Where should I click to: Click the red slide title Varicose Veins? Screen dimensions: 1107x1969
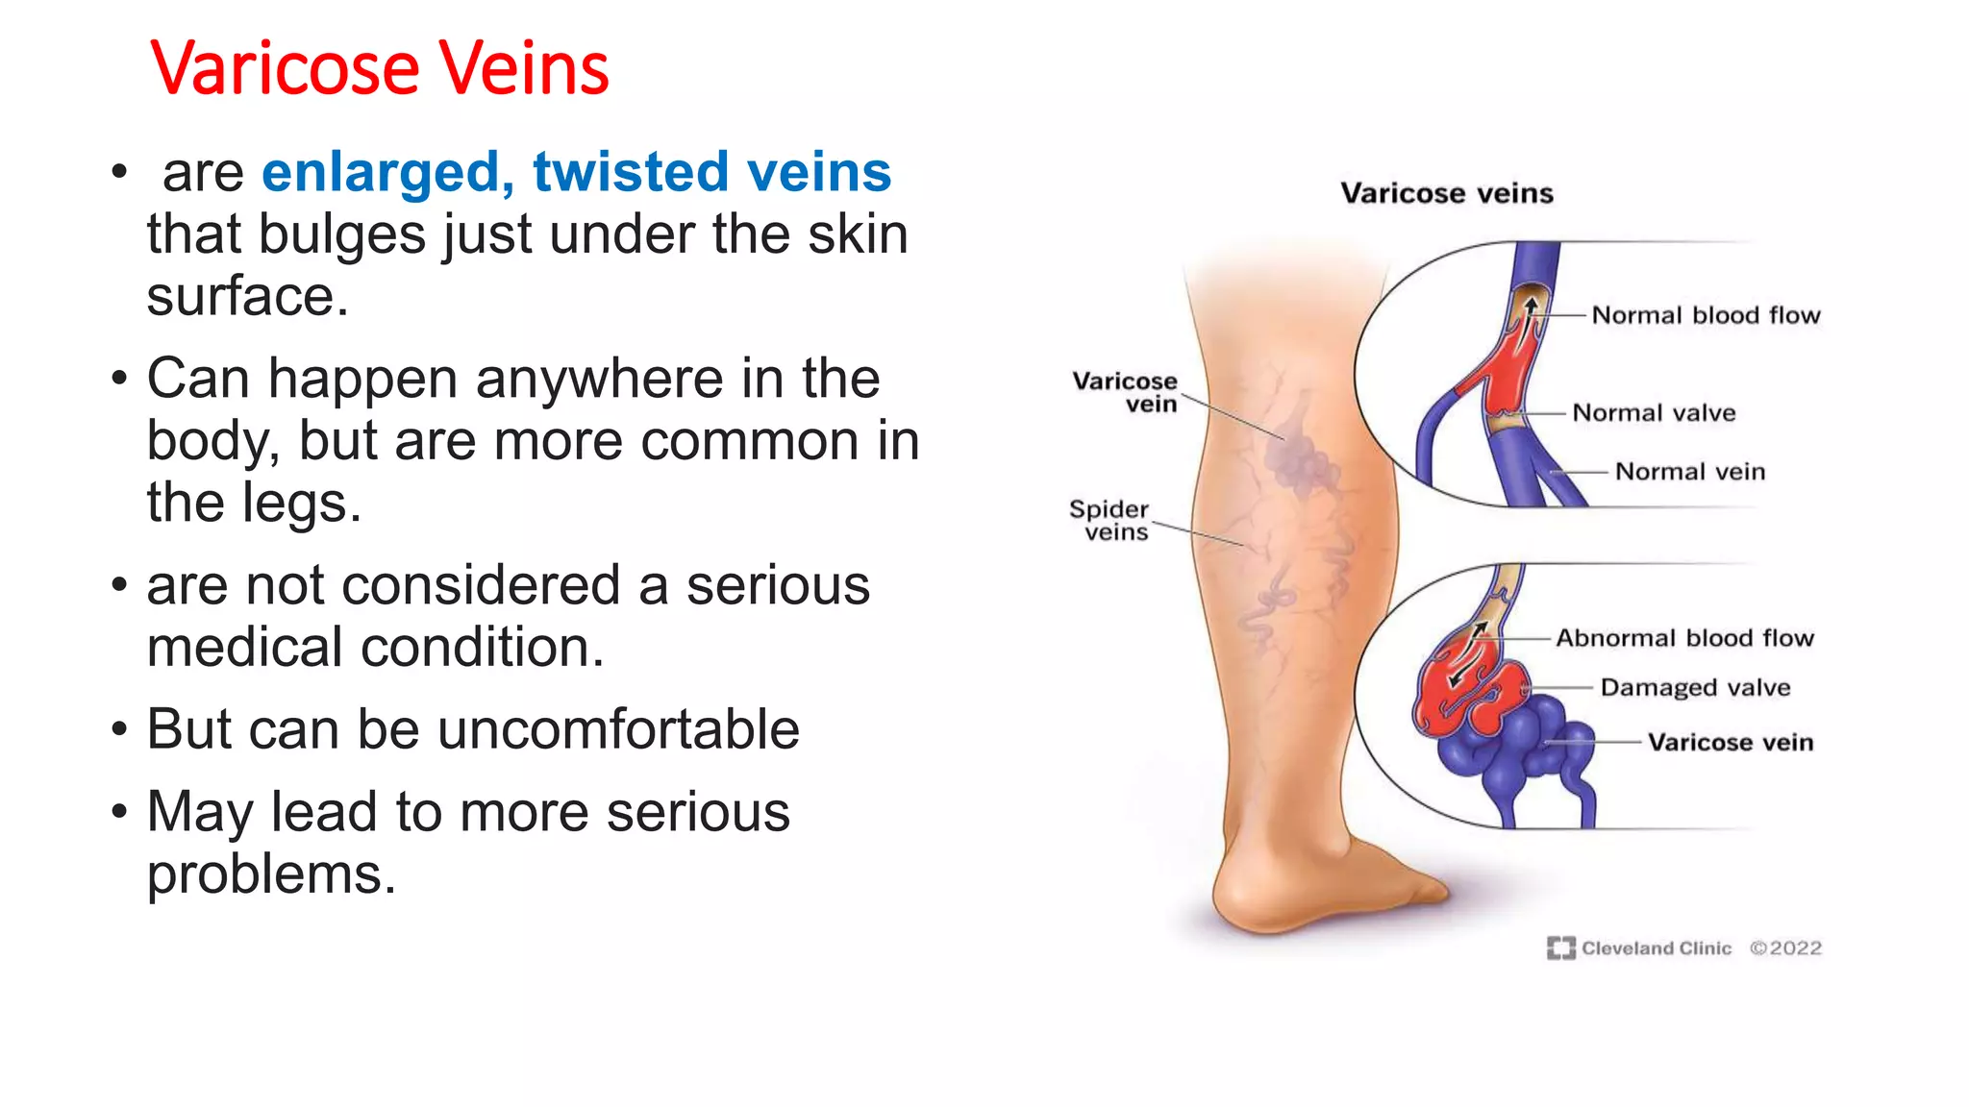coord(379,69)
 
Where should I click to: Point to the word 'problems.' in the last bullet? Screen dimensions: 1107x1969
coord(271,874)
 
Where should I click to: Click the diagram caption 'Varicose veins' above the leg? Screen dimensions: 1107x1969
coord(1447,193)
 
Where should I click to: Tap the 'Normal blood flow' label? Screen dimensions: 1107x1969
coord(1706,315)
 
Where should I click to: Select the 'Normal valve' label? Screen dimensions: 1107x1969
coord(1654,413)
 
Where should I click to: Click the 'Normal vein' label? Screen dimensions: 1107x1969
coord(1689,472)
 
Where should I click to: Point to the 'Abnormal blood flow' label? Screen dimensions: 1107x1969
coord(1684,638)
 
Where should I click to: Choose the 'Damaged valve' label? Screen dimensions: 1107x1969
coord(1695,688)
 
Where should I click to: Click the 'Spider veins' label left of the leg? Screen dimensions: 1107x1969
coord(1110,521)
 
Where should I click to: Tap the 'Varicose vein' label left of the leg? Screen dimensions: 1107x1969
coord(1125,392)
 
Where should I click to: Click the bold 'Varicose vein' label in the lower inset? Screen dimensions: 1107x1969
coord(1731,743)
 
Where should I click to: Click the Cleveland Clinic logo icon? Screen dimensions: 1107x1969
coord(1560,948)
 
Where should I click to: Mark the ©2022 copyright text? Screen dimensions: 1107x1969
coord(1785,948)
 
